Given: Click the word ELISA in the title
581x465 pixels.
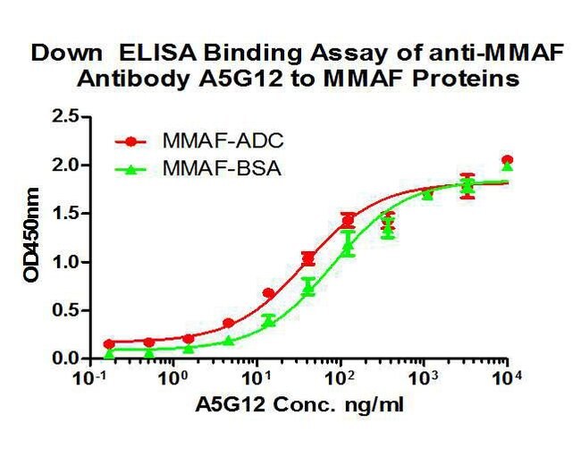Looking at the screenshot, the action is (158, 53).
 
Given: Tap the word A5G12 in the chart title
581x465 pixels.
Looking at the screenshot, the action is (240, 79).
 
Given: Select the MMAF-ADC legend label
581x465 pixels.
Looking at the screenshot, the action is (223, 141).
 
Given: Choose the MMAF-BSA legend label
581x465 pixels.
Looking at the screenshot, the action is (222, 169).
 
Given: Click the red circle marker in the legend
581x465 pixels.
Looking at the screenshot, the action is (131, 141).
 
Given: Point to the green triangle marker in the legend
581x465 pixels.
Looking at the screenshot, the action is (131, 170).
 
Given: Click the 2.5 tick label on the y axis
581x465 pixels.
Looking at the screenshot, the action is (65, 116).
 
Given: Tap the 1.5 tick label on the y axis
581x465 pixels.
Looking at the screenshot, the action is (65, 214).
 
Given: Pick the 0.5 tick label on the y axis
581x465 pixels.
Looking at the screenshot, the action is (65, 310).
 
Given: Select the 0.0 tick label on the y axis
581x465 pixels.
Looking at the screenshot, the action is (65, 359).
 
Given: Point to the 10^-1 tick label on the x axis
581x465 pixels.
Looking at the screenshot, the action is (90, 378).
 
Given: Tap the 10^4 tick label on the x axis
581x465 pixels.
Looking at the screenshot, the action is (506, 378).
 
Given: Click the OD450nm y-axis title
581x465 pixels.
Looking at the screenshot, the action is (31, 235).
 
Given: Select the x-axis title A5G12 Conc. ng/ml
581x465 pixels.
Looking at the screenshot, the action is (299, 405).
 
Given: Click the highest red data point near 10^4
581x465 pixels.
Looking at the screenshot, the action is (508, 160).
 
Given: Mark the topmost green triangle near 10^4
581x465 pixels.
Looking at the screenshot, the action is (508, 166).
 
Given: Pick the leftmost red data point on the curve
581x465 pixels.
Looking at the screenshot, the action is (109, 344).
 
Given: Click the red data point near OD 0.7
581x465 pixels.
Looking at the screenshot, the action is (269, 293).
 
